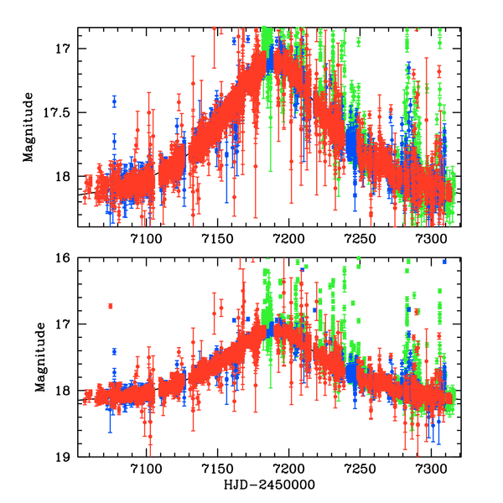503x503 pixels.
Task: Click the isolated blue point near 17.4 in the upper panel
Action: coord(115,101)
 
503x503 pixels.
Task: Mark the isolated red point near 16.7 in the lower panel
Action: coord(110,306)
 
